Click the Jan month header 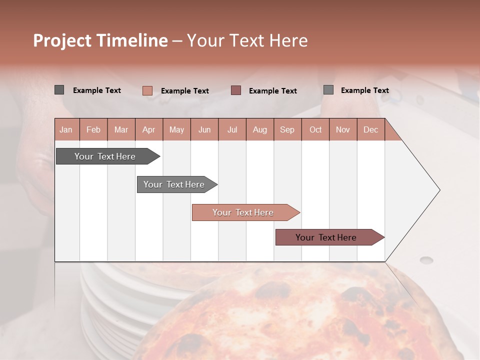66,129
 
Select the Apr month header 149,129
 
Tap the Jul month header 232,129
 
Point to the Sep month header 287,129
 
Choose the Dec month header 371,129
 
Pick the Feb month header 93,129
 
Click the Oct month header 315,129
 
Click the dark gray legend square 59,90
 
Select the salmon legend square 147,90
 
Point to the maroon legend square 236,90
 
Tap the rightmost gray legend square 328,90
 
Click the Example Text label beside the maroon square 273,91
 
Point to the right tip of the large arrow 439,190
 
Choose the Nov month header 343,129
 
